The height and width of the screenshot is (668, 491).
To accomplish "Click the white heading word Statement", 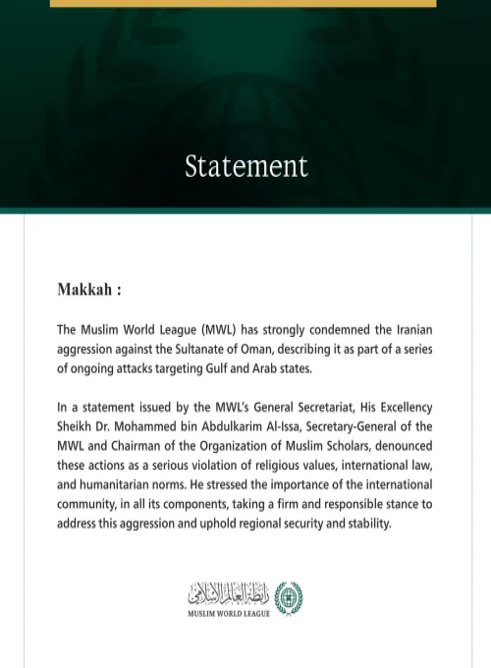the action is (245, 165).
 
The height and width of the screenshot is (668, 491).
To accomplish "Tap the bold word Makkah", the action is (86, 291).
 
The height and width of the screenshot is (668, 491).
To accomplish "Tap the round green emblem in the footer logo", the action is (289, 597).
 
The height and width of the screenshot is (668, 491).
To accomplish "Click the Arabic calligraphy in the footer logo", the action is (227, 593).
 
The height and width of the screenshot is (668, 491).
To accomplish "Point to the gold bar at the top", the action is (243, 3).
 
